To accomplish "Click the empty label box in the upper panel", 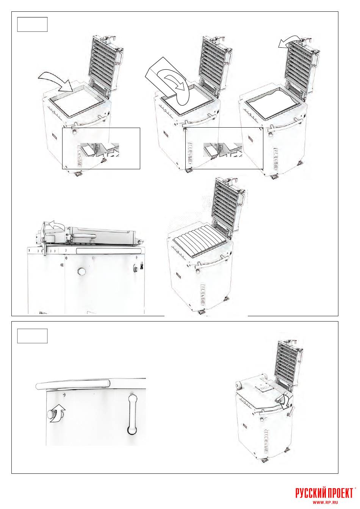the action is [x=32, y=24].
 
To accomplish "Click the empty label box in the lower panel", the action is [x=32, y=336].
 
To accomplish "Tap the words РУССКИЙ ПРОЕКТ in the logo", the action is [x=324, y=492].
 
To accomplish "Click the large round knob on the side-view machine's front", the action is [x=81, y=271].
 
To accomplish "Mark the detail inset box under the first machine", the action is [x=101, y=148].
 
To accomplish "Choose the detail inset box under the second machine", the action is [x=224, y=148].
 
